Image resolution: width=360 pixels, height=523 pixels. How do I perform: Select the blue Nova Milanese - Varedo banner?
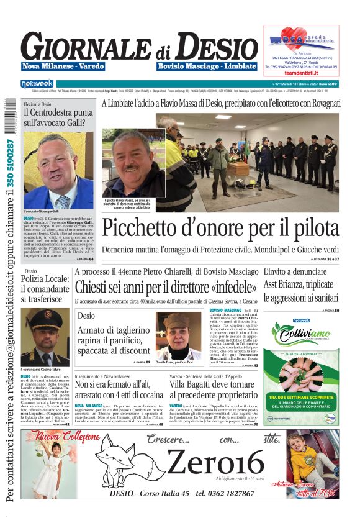click(x=63, y=66)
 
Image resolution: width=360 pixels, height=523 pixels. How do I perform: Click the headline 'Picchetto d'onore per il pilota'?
click(x=220, y=229)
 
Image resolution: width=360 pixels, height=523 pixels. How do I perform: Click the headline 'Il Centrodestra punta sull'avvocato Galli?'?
click(x=58, y=119)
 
